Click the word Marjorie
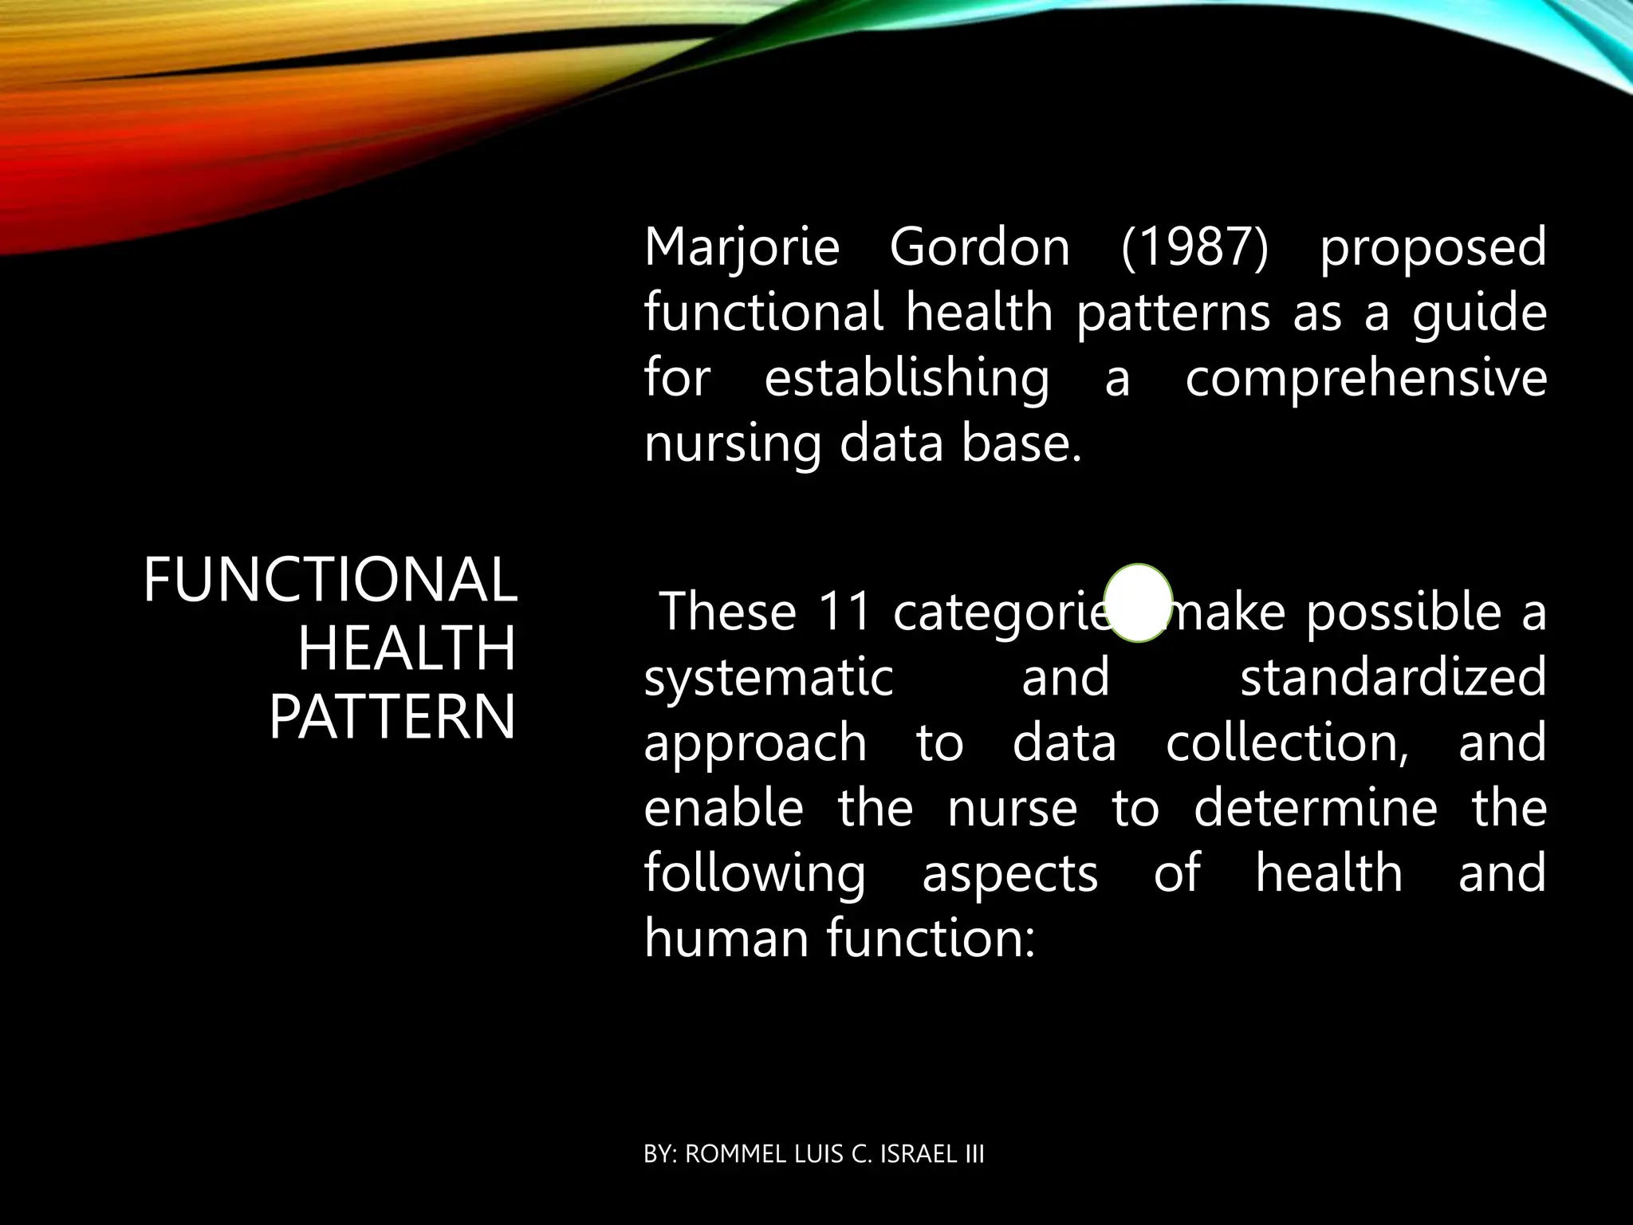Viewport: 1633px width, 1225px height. click(742, 248)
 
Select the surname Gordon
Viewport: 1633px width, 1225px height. click(979, 248)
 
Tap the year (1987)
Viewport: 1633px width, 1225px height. click(1194, 248)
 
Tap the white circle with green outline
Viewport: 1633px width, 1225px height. click(1139, 603)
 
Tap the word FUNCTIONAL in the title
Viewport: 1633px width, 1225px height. click(330, 580)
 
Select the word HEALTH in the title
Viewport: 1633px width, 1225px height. click(407, 648)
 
